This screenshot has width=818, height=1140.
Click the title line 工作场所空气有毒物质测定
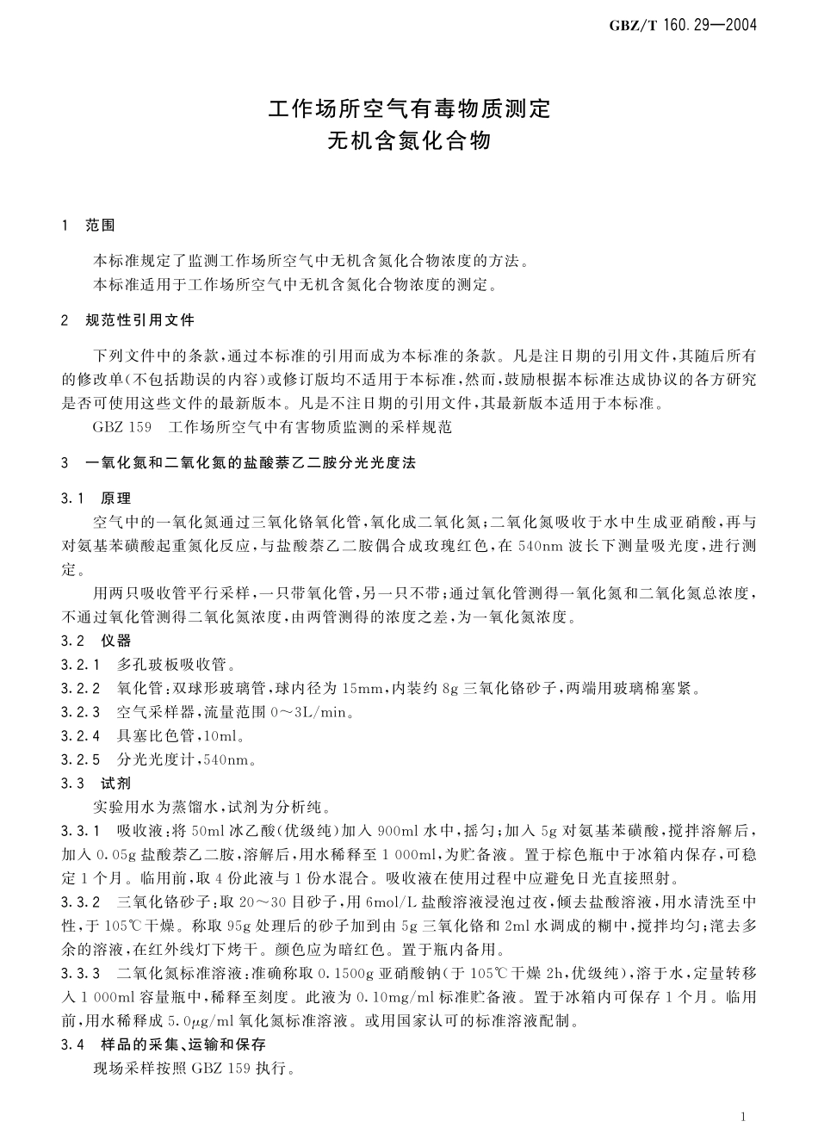(x=409, y=109)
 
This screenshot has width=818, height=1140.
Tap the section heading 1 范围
(x=90, y=226)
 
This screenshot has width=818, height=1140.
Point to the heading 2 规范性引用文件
(x=129, y=321)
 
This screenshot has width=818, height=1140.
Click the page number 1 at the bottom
(x=741, y=1116)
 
